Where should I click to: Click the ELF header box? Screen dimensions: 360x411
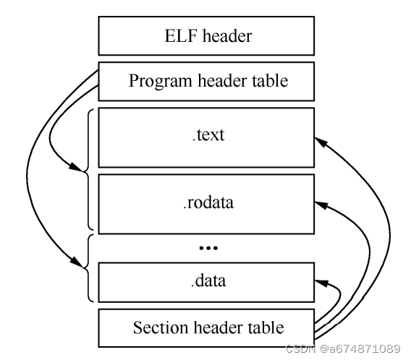(207, 34)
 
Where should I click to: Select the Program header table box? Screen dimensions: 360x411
(207, 81)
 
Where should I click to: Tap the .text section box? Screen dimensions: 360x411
(207, 136)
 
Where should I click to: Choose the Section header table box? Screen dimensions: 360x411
(207, 327)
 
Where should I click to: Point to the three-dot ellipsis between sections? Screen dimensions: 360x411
(208, 247)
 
